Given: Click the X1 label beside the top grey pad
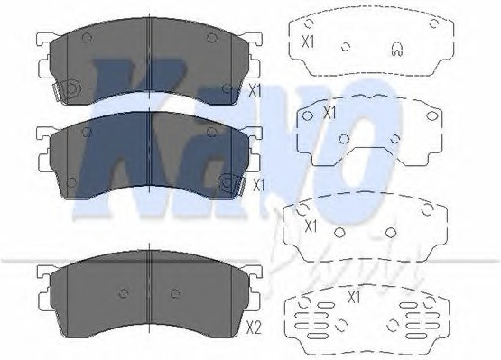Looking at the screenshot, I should pyautogui.click(x=255, y=90).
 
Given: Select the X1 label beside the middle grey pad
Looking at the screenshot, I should pyautogui.click(x=257, y=186).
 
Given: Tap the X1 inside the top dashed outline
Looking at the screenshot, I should pyautogui.click(x=309, y=42).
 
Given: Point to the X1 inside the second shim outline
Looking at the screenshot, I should pyautogui.click(x=329, y=114).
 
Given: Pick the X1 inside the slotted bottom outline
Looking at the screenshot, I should pyautogui.click(x=356, y=296).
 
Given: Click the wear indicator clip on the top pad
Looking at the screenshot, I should pyautogui.click(x=66, y=91).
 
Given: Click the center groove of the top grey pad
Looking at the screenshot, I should pyautogui.click(x=147, y=63).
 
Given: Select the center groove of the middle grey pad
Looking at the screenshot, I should pyautogui.click(x=147, y=153).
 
